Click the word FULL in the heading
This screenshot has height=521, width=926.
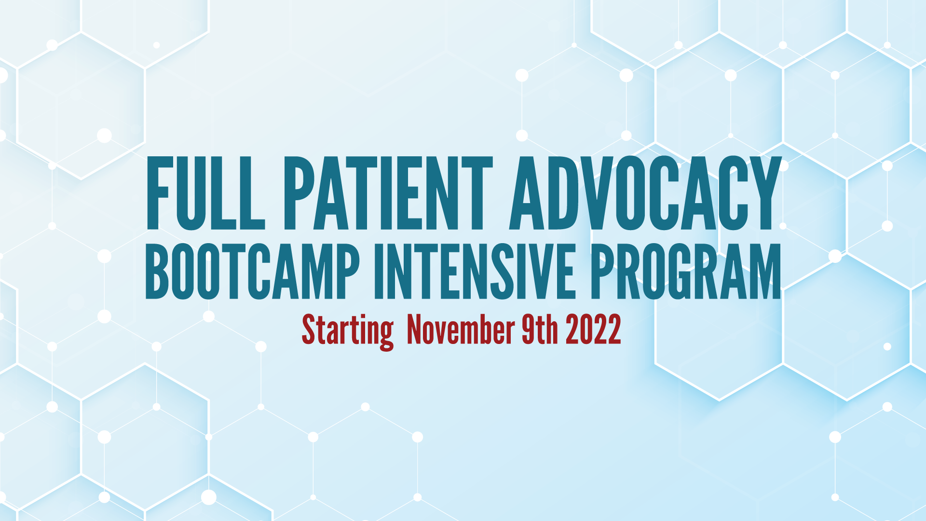pos(205,193)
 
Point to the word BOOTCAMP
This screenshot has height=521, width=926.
pos(253,272)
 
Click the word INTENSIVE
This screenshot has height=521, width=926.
pos(475,272)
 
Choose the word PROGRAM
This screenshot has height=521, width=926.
pos(686,272)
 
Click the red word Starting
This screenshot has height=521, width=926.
pos(348,331)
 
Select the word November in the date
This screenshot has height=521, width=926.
pos(461,329)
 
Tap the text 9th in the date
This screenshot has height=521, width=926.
pos(540,329)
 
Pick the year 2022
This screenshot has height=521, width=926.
pos(593,329)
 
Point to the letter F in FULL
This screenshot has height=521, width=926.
pos(158,193)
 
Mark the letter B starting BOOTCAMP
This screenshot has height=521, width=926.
pos(157,272)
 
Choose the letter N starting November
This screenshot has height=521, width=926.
pos(415,329)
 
